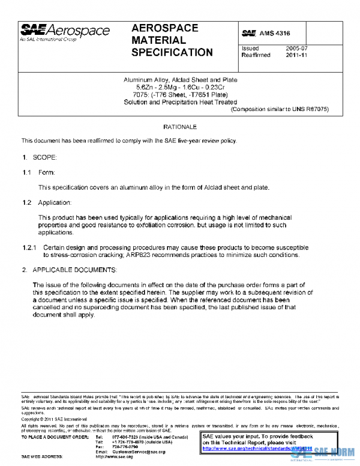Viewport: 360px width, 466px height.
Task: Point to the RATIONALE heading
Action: coord(180,127)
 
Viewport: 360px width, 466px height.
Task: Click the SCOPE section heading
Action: coord(46,157)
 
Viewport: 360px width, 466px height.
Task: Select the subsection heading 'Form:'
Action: coord(47,172)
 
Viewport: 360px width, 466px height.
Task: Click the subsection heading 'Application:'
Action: coord(55,202)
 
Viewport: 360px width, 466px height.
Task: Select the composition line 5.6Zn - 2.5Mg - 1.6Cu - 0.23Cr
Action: coord(180,88)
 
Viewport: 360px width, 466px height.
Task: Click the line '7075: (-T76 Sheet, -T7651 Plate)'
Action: coord(180,95)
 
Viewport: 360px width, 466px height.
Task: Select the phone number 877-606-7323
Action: coord(125,437)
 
